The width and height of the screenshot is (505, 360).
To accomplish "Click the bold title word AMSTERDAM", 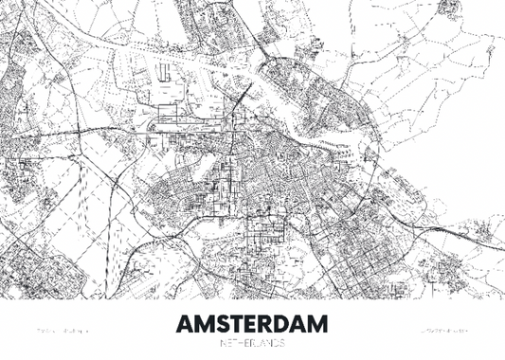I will [x=251, y=323].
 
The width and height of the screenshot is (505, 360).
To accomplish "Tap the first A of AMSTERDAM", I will [x=184, y=323].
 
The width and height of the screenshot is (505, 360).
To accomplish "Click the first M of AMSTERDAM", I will [x=205, y=323].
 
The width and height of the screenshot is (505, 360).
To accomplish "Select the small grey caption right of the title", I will [x=442, y=332].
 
